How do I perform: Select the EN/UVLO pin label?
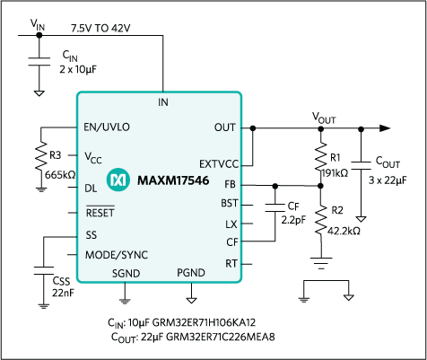(x=107, y=127)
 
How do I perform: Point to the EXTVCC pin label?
(x=218, y=165)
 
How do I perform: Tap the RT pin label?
(x=231, y=264)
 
